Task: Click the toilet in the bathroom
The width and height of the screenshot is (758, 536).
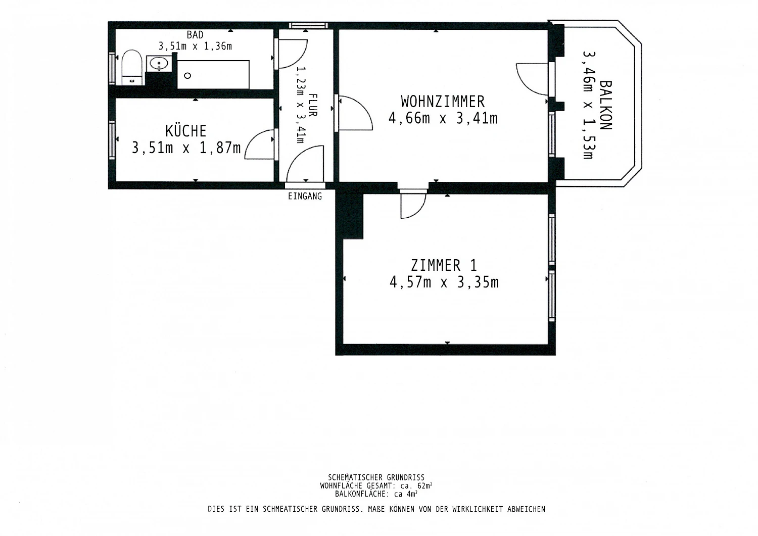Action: click(131, 68)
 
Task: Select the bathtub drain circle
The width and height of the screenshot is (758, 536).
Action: click(187, 76)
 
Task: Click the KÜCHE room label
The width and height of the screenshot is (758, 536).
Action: click(186, 131)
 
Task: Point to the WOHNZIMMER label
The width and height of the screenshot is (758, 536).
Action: click(443, 102)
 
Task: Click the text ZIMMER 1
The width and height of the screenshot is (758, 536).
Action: click(444, 265)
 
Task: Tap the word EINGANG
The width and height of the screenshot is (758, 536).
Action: click(305, 196)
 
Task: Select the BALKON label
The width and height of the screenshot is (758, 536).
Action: click(606, 105)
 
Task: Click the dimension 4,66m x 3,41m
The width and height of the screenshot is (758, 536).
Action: click(443, 118)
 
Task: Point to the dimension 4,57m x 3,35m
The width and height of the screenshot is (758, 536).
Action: click(444, 282)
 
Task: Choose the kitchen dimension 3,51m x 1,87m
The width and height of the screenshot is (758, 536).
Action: click(186, 148)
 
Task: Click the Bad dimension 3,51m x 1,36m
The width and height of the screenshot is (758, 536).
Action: click(195, 46)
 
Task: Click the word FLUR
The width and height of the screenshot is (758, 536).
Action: click(313, 105)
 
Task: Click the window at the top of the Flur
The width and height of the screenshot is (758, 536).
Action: click(308, 25)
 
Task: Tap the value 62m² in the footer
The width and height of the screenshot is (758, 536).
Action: click(425, 486)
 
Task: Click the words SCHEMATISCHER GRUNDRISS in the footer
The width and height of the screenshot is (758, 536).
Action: click(376, 477)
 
